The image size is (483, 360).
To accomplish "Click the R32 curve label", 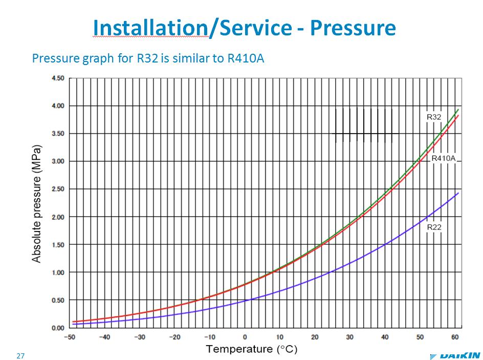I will coord(434,117).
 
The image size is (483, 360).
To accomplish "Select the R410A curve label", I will coord(443,158).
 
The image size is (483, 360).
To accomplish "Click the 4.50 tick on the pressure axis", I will coord(57,78).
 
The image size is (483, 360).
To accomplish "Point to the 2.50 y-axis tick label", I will coord(57,189).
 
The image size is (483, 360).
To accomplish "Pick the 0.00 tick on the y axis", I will coord(57,328).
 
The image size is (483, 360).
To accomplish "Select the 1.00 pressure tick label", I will coord(57,272).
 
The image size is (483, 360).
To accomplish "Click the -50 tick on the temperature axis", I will coord(70,337).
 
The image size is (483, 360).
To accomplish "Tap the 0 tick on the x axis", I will coord(245,337).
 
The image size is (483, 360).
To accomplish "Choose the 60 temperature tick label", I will coord(455,337).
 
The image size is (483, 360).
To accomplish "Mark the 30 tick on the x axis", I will coord(350,337).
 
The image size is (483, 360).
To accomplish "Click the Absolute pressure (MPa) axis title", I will coord(37,204).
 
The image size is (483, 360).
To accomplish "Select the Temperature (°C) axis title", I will coord(251,349).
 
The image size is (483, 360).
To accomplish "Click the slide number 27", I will coord(20,356).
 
